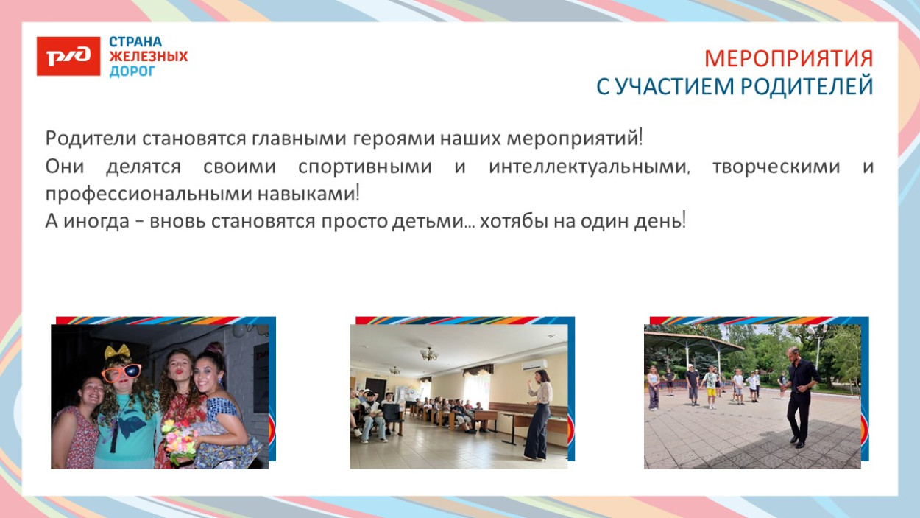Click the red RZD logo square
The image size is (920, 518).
68,56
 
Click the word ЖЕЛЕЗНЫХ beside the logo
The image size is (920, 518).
148,57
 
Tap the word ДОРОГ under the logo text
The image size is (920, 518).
132,71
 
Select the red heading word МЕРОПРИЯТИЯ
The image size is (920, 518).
788,59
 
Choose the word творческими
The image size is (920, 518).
776,167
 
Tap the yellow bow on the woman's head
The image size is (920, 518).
118,351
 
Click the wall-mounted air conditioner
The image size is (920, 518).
535,364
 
